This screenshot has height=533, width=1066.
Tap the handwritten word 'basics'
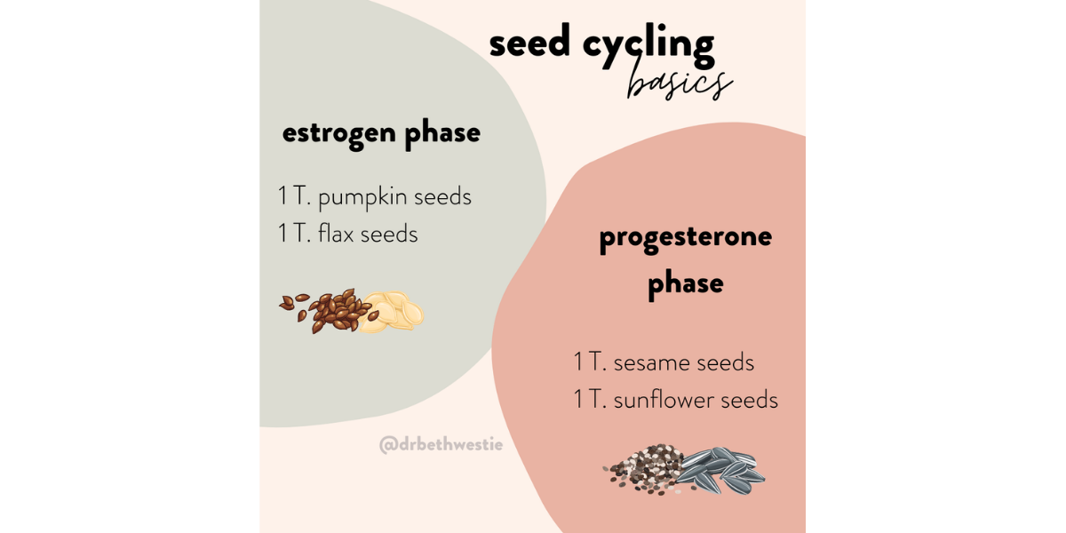point(679,83)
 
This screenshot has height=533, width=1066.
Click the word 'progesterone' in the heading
point(685,237)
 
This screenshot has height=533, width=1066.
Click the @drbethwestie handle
point(441,444)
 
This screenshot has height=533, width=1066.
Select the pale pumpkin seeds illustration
point(393,311)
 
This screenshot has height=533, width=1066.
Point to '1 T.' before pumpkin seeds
point(293,196)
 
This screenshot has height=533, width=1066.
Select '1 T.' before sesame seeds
point(589,362)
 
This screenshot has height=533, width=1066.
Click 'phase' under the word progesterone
point(685,283)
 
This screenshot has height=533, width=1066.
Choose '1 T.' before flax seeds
point(293,234)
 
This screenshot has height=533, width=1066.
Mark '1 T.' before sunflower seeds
point(589,400)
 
